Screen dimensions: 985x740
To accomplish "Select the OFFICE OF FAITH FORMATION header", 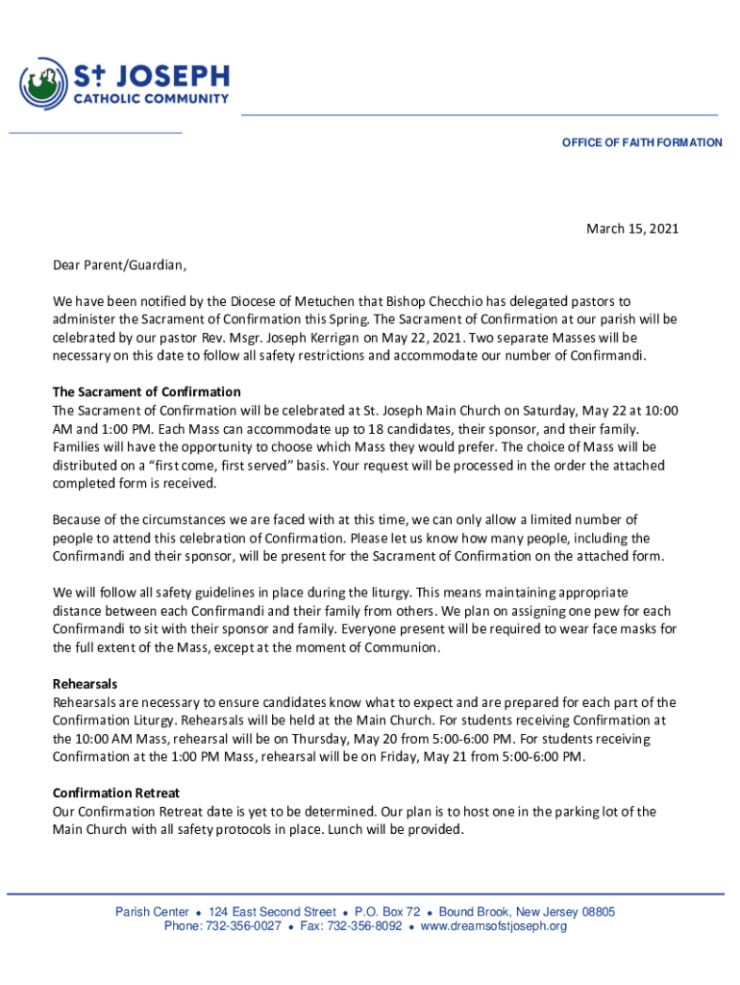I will pyautogui.click(x=642, y=142).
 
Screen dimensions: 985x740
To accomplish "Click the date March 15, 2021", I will pyautogui.click(x=632, y=229).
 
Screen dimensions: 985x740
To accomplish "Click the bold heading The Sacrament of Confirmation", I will pyautogui.click(x=146, y=392).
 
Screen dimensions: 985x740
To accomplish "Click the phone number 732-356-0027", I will pyautogui.click(x=240, y=926).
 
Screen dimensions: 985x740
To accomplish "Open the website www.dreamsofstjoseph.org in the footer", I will pyautogui.click(x=494, y=926).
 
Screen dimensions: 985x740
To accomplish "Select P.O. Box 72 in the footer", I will pyautogui.click(x=387, y=912).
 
